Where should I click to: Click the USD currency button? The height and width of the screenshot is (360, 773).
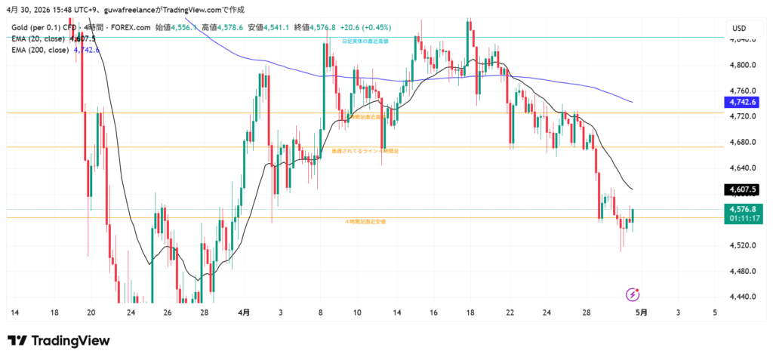point(739,28)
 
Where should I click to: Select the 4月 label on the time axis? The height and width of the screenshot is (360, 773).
point(245,311)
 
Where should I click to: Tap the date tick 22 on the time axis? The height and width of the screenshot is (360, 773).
point(510,311)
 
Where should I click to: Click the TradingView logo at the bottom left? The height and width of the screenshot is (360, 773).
point(59,340)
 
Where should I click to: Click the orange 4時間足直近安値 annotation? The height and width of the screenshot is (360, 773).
point(365,222)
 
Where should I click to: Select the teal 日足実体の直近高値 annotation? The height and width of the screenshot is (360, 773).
point(365,41)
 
